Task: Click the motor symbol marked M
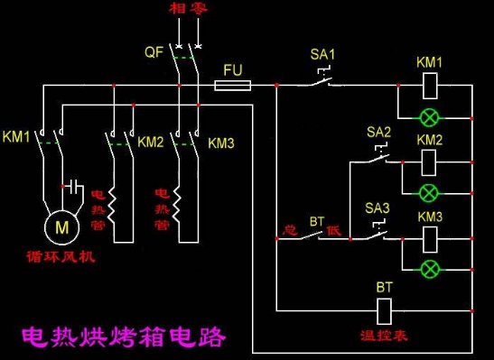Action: (61, 227)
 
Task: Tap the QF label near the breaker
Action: (154, 52)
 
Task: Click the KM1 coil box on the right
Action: (430, 86)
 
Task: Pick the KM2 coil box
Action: (430, 162)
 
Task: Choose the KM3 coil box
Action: (430, 238)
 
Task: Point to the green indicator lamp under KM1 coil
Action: (430, 115)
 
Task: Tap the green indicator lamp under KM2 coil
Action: (430, 192)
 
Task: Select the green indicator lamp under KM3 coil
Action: (430, 268)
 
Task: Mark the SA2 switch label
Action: (378, 133)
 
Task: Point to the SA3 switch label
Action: (378, 209)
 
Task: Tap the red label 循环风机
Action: (61, 257)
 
